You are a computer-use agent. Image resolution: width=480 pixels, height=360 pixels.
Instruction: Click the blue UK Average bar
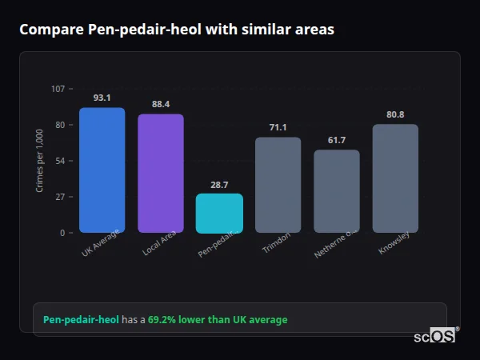coord(102,170)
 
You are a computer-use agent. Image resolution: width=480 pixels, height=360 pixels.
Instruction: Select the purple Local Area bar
coord(160,173)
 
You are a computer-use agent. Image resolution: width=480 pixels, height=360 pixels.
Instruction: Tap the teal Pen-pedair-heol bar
coord(219,213)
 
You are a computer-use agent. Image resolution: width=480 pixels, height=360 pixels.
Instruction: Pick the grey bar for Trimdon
coord(278,185)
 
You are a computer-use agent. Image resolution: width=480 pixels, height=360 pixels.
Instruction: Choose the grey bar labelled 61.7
coord(336,191)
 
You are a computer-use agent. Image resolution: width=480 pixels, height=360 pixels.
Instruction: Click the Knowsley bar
coord(395,178)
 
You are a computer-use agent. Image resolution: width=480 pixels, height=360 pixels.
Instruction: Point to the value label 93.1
coord(102,98)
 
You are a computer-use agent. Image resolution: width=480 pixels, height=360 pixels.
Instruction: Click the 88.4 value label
coord(160,104)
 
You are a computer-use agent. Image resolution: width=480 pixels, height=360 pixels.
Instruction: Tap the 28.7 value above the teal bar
coord(219,185)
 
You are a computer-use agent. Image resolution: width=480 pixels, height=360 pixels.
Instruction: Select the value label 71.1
coord(278,127)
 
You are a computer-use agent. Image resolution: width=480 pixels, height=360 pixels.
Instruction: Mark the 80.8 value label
coord(395,114)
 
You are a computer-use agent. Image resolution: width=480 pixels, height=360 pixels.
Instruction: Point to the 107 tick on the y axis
coord(58,89)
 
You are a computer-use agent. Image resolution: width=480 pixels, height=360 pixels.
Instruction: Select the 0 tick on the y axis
coord(62,233)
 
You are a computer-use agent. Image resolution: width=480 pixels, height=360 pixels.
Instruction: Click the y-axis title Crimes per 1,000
coord(40,161)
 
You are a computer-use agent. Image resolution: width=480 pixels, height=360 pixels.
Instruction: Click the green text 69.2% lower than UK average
coord(218,320)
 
